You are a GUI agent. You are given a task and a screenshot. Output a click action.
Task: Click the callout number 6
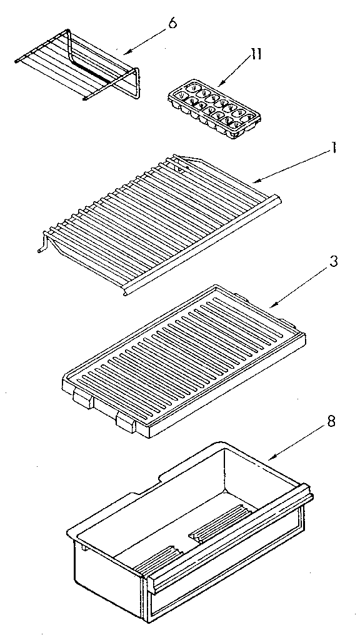click(x=172, y=24)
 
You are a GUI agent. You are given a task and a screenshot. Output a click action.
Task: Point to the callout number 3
click(x=334, y=262)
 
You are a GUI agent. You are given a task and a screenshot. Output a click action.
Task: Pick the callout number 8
click(x=331, y=421)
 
